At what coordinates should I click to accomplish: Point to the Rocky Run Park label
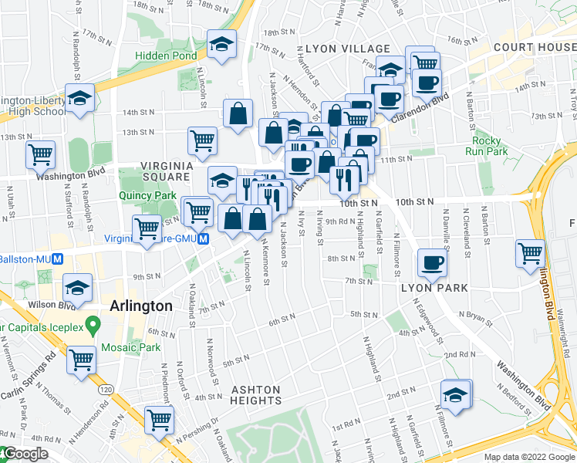tap(488, 146)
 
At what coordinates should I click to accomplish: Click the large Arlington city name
tap(141, 306)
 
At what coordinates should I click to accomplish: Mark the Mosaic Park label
tap(134, 347)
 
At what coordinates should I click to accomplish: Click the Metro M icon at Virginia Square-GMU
tap(203, 240)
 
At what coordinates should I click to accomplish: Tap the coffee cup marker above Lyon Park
tap(431, 263)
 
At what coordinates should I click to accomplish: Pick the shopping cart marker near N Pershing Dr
tap(160, 421)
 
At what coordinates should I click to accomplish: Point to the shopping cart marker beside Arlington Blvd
tap(530, 252)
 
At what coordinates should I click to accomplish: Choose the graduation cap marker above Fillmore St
tap(455, 394)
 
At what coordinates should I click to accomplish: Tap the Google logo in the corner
tap(25, 454)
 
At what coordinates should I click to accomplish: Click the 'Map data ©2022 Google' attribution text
tap(529, 457)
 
